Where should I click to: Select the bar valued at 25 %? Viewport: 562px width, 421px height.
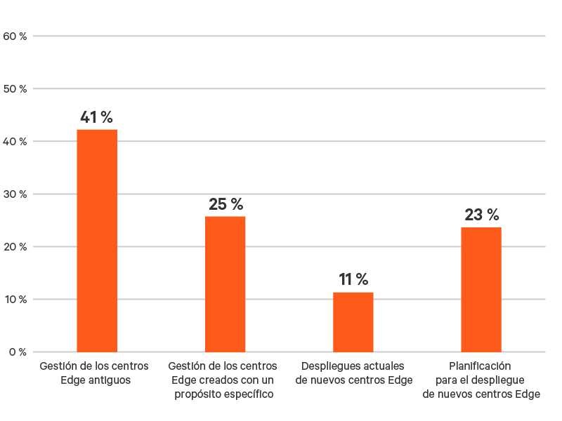click(226, 283)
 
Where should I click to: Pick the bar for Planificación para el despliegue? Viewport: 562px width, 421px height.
click(481, 289)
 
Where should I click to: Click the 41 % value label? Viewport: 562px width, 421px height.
click(96, 117)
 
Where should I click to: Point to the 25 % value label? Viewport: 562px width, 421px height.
click(226, 204)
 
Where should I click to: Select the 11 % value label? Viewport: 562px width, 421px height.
click(353, 279)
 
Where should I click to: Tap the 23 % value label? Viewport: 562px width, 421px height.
click(482, 215)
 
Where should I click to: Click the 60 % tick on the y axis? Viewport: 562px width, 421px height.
click(15, 36)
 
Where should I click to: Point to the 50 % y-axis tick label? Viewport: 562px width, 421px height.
click(15, 88)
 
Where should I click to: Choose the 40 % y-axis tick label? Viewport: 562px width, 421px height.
click(15, 141)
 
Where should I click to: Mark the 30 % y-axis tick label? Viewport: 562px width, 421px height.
click(15, 194)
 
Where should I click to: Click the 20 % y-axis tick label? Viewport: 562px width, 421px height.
click(15, 246)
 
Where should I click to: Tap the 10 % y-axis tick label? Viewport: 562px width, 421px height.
click(15, 299)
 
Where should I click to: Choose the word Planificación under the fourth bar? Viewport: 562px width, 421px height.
click(481, 366)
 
